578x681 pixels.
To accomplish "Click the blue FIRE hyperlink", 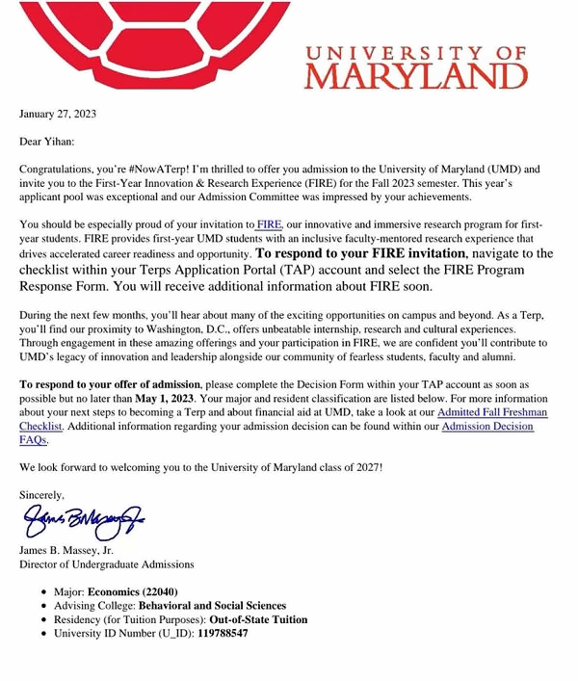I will coord(269,225).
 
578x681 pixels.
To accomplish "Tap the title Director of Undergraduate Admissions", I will coord(107,564).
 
